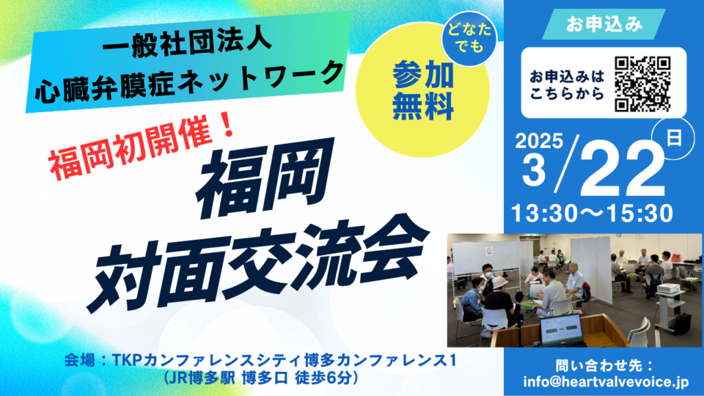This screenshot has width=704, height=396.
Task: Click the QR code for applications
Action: point(643,84)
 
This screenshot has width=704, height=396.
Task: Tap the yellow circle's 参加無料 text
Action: point(423,90)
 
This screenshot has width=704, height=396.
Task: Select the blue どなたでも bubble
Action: point(469,38)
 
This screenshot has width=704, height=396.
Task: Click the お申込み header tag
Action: point(604,24)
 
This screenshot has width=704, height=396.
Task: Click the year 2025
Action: point(539,141)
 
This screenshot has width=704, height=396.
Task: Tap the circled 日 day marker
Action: point(674,138)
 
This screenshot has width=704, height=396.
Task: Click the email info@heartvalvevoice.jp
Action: point(606,382)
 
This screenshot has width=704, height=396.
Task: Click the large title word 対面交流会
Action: point(258,264)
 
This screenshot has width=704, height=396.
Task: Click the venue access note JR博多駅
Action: point(203,378)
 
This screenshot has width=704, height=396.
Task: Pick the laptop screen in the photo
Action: point(562,329)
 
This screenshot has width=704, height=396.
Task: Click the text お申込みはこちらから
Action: point(567,85)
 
